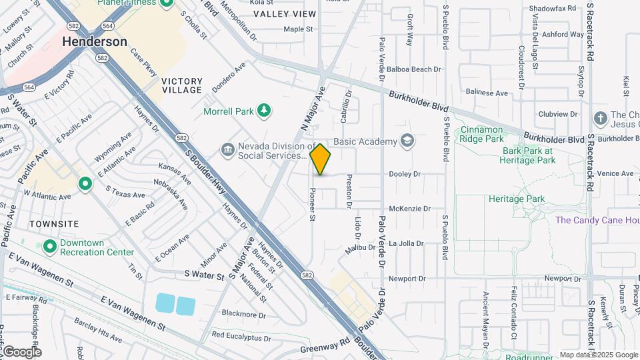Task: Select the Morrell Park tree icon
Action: pyautogui.click(x=265, y=110)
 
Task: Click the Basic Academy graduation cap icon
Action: pyautogui.click(x=406, y=141)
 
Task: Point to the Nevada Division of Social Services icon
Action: pyautogui.click(x=227, y=149)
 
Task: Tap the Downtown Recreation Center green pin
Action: pyautogui.click(x=49, y=247)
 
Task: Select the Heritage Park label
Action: pyautogui.click(x=516, y=199)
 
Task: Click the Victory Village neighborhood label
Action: pyautogui.click(x=181, y=85)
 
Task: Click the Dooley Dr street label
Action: pyautogui.click(x=405, y=174)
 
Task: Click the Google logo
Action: pyautogui.click(x=21, y=352)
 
